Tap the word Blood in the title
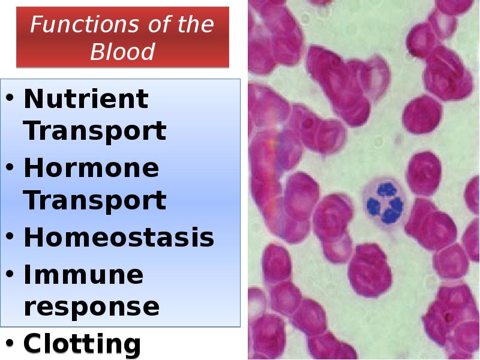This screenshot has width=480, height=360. (x=122, y=52)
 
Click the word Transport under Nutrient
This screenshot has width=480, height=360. (x=95, y=130)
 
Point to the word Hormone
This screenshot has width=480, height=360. (x=91, y=169)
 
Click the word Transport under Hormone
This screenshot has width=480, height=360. (x=95, y=200)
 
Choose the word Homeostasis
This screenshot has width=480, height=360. (x=119, y=238)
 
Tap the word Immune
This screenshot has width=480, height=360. (x=83, y=275)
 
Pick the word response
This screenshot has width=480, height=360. (x=91, y=306)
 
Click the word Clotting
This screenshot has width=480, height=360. (x=82, y=344)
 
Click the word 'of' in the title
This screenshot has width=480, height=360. (x=143, y=25)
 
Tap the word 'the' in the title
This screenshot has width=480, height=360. (x=193, y=25)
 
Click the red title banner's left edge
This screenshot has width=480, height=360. (x=17, y=37)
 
